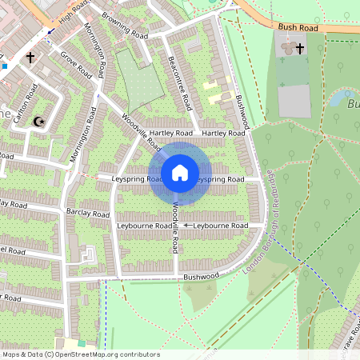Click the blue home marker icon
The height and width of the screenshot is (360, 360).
click(x=180, y=173)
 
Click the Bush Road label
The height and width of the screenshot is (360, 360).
click(x=298, y=27)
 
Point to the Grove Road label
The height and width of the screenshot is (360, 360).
click(x=77, y=67)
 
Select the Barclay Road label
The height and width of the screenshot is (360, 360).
click(x=89, y=214)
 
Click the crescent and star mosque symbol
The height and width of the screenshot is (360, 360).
click(x=37, y=122)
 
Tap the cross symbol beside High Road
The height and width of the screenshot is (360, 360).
click(x=30, y=58)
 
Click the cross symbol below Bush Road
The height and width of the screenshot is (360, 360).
click(x=300, y=49)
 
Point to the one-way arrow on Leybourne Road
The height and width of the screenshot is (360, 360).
click(x=188, y=226)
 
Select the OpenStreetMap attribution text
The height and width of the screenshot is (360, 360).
click(x=80, y=354)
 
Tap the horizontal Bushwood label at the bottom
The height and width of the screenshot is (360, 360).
click(x=200, y=275)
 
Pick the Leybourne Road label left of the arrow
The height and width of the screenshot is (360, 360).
click(x=145, y=226)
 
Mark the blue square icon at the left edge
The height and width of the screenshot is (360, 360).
click(x=3, y=66)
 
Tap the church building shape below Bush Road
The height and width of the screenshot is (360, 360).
click(x=290, y=46)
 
